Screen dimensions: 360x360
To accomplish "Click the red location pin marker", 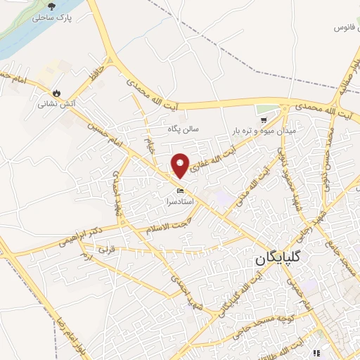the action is click(181, 165).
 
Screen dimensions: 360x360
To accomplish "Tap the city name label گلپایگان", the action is click(279, 259).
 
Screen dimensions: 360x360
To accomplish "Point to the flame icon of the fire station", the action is click(56, 92).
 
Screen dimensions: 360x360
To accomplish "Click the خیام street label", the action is click(148, 146).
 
